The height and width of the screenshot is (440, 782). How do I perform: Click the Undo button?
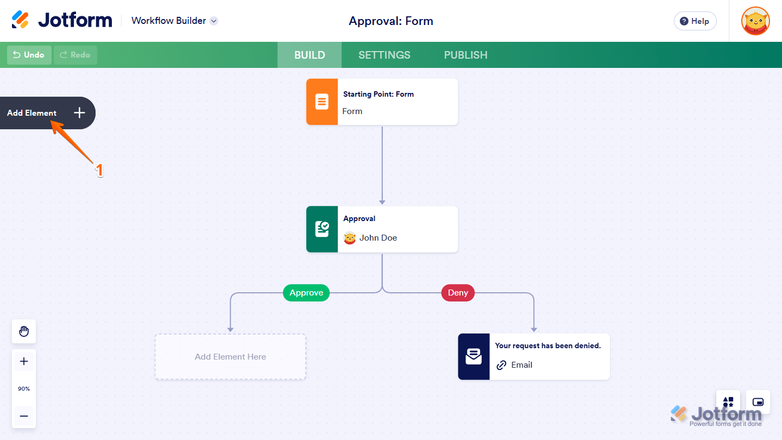(x=29, y=55)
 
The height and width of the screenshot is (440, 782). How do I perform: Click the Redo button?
(x=75, y=55)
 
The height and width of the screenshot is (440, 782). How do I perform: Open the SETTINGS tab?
(x=384, y=55)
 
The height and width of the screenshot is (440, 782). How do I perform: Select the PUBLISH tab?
(x=465, y=55)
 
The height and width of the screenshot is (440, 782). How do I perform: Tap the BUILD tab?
(x=310, y=55)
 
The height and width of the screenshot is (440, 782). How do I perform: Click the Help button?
(x=695, y=21)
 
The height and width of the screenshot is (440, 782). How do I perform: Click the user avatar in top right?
(x=755, y=21)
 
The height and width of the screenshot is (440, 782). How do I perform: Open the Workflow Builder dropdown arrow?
(x=214, y=21)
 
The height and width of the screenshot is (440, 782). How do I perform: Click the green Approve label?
(x=306, y=293)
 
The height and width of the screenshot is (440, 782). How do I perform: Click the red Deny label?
(x=458, y=293)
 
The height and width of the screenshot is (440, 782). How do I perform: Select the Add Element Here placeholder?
(x=230, y=357)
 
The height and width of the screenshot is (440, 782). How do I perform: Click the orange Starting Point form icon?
(x=322, y=102)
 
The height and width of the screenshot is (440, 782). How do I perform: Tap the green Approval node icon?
(x=322, y=229)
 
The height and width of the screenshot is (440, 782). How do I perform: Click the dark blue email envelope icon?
(x=474, y=356)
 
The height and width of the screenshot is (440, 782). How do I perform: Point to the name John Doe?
(x=378, y=238)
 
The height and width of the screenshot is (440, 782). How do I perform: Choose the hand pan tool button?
(x=24, y=331)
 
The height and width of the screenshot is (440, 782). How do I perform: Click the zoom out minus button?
(x=24, y=416)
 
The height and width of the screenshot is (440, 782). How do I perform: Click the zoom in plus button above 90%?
(x=24, y=361)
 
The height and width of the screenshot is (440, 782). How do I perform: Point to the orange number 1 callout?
(x=99, y=170)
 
